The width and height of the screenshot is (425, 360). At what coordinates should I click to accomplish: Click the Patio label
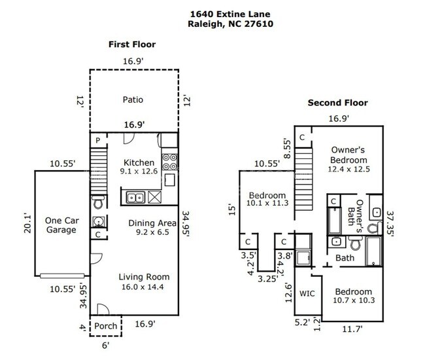click(x=132, y=99)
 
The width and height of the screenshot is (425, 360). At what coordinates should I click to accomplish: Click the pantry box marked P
click(x=97, y=141)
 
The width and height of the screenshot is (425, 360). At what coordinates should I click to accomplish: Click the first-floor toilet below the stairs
click(x=97, y=202)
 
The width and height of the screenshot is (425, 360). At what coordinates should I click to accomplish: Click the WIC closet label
click(x=307, y=293)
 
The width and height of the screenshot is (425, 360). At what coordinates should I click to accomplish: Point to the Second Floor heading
click(x=339, y=103)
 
